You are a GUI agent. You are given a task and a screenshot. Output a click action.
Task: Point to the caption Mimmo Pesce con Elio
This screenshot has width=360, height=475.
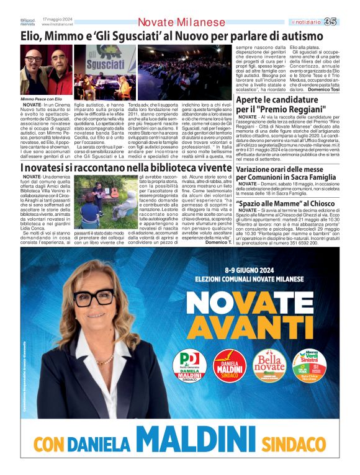42,99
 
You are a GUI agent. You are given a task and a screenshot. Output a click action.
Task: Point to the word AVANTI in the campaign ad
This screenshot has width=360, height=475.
249,328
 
